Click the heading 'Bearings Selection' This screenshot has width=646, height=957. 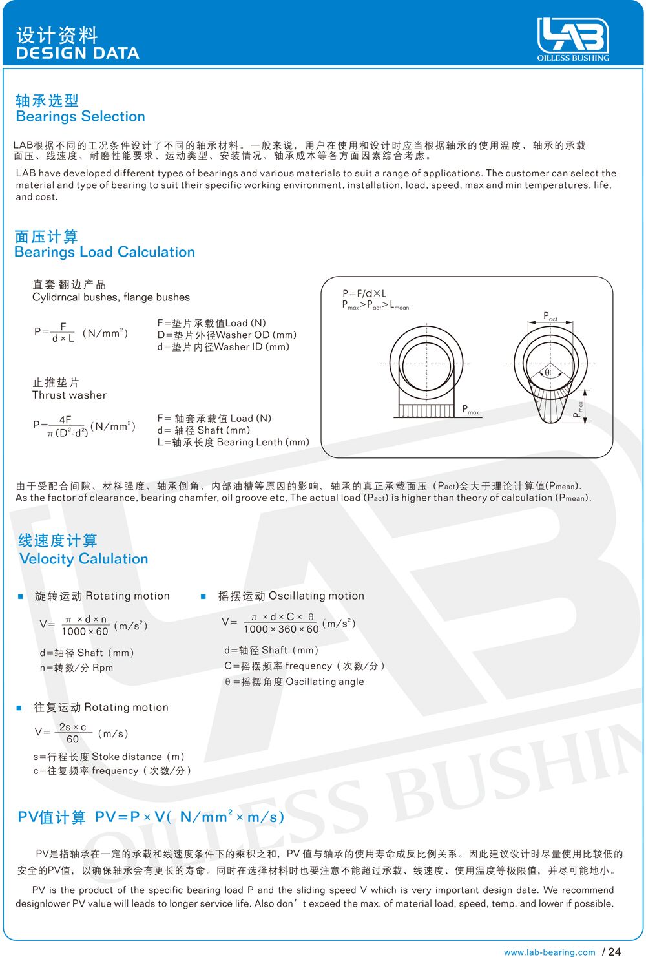click(x=80, y=117)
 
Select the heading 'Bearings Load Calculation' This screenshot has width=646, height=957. click(x=104, y=253)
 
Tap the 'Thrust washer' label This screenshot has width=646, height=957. click(x=69, y=395)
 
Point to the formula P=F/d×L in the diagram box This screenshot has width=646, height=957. click(x=364, y=293)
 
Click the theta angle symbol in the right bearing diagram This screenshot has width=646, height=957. click(x=547, y=372)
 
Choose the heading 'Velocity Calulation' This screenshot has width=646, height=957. click(x=84, y=560)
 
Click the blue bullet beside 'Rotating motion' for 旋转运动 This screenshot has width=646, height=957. click(x=21, y=596)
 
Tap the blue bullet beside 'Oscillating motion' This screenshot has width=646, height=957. click(x=203, y=596)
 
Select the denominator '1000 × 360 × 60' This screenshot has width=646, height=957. click(x=281, y=629)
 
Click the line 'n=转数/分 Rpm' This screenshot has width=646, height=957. click(x=76, y=668)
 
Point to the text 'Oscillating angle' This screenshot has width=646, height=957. click(x=325, y=682)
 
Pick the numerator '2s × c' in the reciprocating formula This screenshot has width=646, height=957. click(x=72, y=728)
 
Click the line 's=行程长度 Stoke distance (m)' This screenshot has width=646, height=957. click(x=109, y=757)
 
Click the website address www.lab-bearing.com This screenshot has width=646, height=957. click(x=549, y=952)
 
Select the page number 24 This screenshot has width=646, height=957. click(x=614, y=951)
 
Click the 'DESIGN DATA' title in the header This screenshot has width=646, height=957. click(x=78, y=54)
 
